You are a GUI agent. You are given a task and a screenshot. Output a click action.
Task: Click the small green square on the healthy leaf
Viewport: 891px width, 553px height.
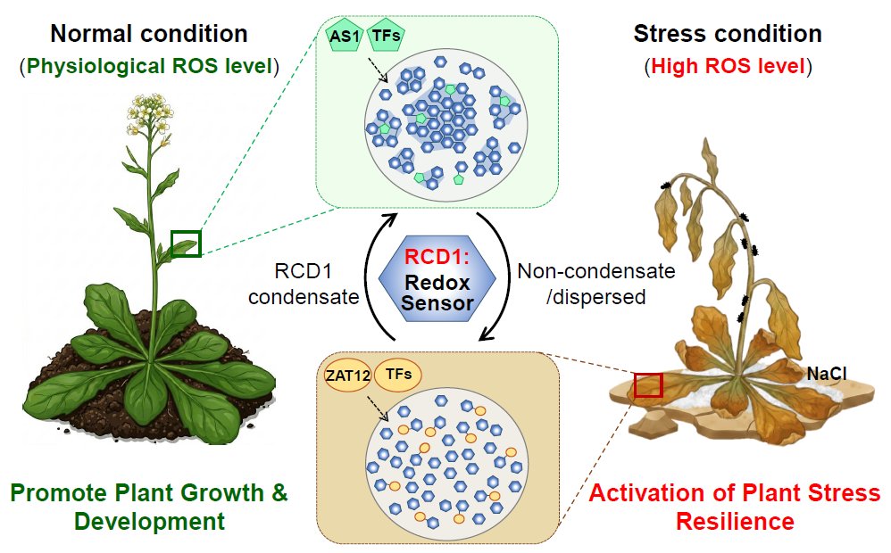click(x=186, y=243)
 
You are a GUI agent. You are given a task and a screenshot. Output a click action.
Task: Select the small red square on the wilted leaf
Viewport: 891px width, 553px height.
click(x=648, y=385)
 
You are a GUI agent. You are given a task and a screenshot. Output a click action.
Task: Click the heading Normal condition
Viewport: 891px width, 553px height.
click(x=148, y=35)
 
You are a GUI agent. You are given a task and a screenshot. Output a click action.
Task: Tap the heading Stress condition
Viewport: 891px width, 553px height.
click(x=727, y=35)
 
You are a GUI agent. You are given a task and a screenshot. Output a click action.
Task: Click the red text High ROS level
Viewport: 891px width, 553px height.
click(x=727, y=65)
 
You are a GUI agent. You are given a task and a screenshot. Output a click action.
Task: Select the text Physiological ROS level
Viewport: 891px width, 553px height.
click(x=149, y=65)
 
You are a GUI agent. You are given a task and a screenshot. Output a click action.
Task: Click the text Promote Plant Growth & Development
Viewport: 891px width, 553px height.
click(x=149, y=507)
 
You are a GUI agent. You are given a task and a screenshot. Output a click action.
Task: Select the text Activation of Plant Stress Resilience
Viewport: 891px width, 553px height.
click(x=735, y=507)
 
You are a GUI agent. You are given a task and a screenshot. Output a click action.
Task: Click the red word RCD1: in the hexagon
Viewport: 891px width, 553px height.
click(x=437, y=257)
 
